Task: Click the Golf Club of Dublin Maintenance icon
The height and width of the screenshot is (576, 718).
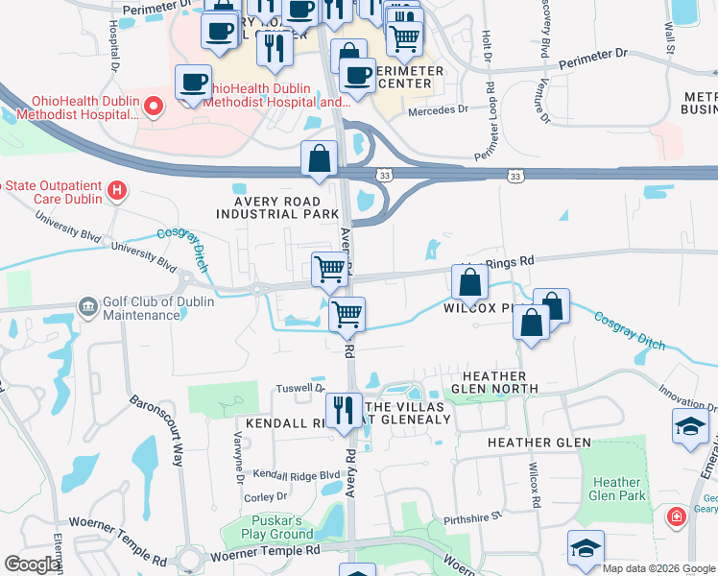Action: [x=88, y=306]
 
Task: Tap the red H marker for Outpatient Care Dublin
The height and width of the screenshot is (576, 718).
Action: [x=117, y=190]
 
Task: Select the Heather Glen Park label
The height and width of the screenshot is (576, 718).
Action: [x=617, y=489]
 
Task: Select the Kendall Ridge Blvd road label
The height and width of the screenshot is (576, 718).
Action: [x=297, y=474]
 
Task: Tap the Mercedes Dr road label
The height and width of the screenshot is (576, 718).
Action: [x=437, y=109]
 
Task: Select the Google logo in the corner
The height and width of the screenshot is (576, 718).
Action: [x=33, y=564]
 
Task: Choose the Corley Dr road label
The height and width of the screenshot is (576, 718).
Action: [x=267, y=496]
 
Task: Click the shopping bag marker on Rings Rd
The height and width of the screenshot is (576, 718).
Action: [x=469, y=282]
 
